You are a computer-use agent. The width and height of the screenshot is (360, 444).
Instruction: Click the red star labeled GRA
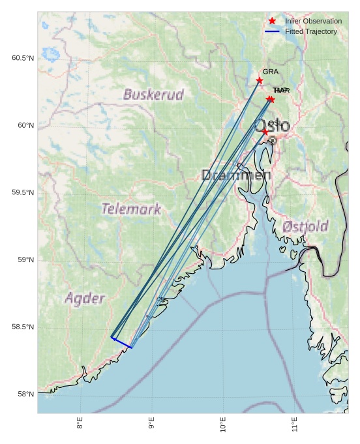coord(260,80)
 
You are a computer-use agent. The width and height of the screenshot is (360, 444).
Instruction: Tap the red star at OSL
coord(265,132)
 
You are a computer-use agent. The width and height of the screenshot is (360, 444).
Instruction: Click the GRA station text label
coord(270,72)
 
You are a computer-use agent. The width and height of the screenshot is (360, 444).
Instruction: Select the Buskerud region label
coord(153,95)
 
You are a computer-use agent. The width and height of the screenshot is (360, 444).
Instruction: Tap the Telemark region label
coord(131,209)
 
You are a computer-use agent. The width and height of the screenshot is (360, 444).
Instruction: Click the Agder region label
coord(85,299)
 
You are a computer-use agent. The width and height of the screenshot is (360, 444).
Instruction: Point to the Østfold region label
coord(305,226)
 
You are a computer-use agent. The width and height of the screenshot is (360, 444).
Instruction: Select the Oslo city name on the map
coord(272,125)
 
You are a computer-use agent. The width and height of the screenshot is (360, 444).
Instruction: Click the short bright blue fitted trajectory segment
coord(121,342)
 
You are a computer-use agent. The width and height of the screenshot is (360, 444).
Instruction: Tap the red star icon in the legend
coord(272,22)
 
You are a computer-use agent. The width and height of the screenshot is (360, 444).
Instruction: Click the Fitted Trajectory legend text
coord(311,31)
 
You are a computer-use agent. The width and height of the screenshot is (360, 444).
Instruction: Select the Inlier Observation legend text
coord(313,22)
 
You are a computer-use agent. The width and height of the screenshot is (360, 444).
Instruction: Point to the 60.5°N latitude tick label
coord(22,58)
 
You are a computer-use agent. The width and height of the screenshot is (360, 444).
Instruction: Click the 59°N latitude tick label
coord(25,260)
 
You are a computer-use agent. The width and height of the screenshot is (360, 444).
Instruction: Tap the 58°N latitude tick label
coord(25,394)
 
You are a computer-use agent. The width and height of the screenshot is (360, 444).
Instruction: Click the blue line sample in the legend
coord(272,31)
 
